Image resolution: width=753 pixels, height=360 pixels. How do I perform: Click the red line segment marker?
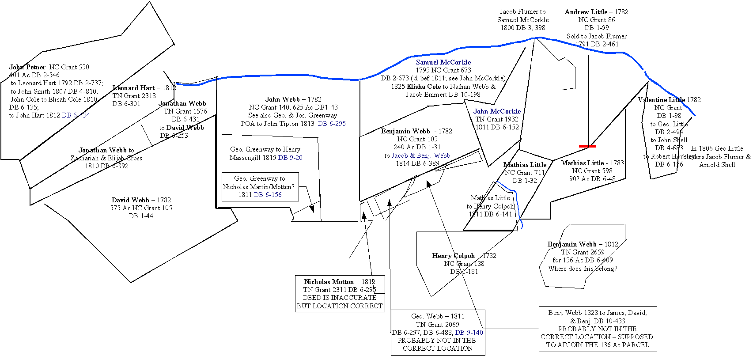(587, 146)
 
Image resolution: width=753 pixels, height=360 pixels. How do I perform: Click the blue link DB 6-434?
(76, 115)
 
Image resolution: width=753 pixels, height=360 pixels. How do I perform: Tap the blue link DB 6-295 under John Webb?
(331, 124)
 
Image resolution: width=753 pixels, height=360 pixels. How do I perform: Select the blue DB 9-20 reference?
(290, 158)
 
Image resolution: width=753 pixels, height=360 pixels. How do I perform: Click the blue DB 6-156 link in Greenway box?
(267, 195)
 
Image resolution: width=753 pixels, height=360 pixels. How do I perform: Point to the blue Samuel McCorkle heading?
(443, 62)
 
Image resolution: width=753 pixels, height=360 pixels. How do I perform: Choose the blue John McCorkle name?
(497, 111)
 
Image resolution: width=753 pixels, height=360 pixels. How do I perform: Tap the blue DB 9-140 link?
(469, 333)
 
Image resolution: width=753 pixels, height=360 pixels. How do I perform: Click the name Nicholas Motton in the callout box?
(329, 282)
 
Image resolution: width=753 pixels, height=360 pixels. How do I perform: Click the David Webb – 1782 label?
(141, 200)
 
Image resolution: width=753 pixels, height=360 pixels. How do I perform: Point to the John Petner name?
(27, 67)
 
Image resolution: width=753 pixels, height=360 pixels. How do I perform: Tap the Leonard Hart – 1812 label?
(144, 88)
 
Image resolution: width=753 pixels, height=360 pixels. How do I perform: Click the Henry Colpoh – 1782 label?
(464, 256)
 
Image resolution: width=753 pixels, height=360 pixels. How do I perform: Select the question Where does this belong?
(583, 269)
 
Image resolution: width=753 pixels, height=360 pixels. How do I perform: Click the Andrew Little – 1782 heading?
(596, 12)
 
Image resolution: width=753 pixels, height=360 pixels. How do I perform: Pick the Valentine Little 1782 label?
(669, 100)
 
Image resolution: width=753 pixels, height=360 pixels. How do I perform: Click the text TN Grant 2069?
(437, 325)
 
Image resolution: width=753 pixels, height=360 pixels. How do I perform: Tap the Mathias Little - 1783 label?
(592, 163)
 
